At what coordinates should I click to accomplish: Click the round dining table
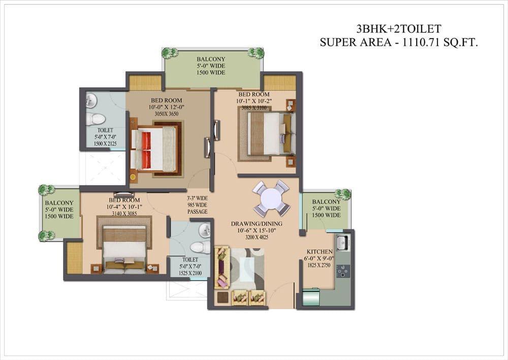click(271, 198)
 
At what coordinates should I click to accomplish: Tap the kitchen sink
click(342, 243)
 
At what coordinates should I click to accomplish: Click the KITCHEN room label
click(320, 252)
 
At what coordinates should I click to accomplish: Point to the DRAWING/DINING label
click(257, 224)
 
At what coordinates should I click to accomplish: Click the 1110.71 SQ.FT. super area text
click(439, 42)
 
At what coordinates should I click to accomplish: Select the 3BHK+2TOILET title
click(398, 29)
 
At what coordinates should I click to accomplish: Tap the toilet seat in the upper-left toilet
click(96, 119)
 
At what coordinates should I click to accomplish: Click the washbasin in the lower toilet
click(204, 230)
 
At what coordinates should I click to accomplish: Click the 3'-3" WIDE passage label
click(197, 198)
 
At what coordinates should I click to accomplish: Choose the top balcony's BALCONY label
click(211, 59)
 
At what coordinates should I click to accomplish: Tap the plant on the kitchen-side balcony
click(343, 194)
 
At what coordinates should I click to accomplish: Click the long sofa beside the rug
click(223, 267)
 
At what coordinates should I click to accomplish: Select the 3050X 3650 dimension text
click(167, 114)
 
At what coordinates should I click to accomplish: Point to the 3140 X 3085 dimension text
click(124, 214)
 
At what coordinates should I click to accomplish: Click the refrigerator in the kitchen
click(311, 297)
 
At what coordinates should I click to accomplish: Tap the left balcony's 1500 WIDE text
click(59, 216)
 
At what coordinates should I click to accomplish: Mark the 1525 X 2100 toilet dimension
click(190, 273)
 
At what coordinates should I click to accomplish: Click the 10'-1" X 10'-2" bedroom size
click(253, 101)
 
